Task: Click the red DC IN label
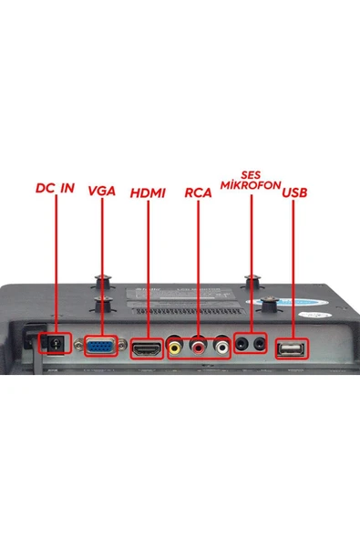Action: (x=55, y=188)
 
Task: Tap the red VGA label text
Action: (x=101, y=191)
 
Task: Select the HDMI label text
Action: (x=148, y=193)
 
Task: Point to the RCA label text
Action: (x=198, y=192)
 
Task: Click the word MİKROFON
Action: (x=251, y=185)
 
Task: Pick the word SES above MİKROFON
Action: (x=251, y=175)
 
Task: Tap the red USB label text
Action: (x=294, y=192)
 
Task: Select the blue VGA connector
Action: (x=100, y=346)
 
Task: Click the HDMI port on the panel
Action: (x=147, y=348)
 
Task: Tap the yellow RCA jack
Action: (x=175, y=348)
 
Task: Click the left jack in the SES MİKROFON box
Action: (x=242, y=343)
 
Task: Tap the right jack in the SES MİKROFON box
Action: (x=259, y=343)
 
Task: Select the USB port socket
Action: (x=291, y=349)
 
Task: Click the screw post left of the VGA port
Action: (x=78, y=343)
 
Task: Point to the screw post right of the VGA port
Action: (x=122, y=343)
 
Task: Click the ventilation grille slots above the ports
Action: (x=191, y=311)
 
